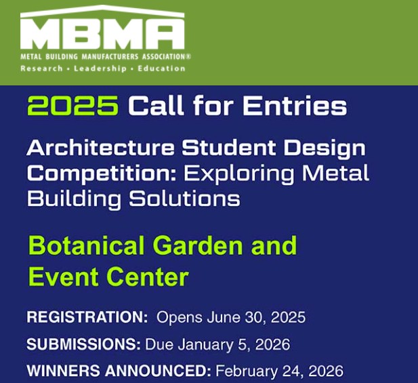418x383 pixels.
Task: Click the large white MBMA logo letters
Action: tap(102, 33)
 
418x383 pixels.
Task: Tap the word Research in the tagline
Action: tap(41, 68)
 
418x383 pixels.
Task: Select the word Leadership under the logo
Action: tap(100, 68)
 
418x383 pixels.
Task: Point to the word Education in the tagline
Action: tap(161, 68)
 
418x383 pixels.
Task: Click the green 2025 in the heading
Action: tap(72, 105)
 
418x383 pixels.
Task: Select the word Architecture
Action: tap(100, 148)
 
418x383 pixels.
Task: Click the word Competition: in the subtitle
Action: tap(102, 174)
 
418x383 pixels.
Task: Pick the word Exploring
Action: tap(239, 174)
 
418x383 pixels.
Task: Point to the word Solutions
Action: tap(185, 199)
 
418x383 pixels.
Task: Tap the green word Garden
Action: tap(198, 245)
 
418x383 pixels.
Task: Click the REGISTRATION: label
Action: tap(87, 317)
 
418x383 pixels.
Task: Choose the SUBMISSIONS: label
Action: tap(84, 344)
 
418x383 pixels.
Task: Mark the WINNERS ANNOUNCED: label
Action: tap(119, 371)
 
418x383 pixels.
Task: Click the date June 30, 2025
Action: tap(256, 318)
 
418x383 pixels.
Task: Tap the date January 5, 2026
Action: tap(234, 344)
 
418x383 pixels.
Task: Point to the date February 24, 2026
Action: tap(279, 371)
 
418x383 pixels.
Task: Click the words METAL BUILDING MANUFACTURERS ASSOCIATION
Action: tap(102, 56)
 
